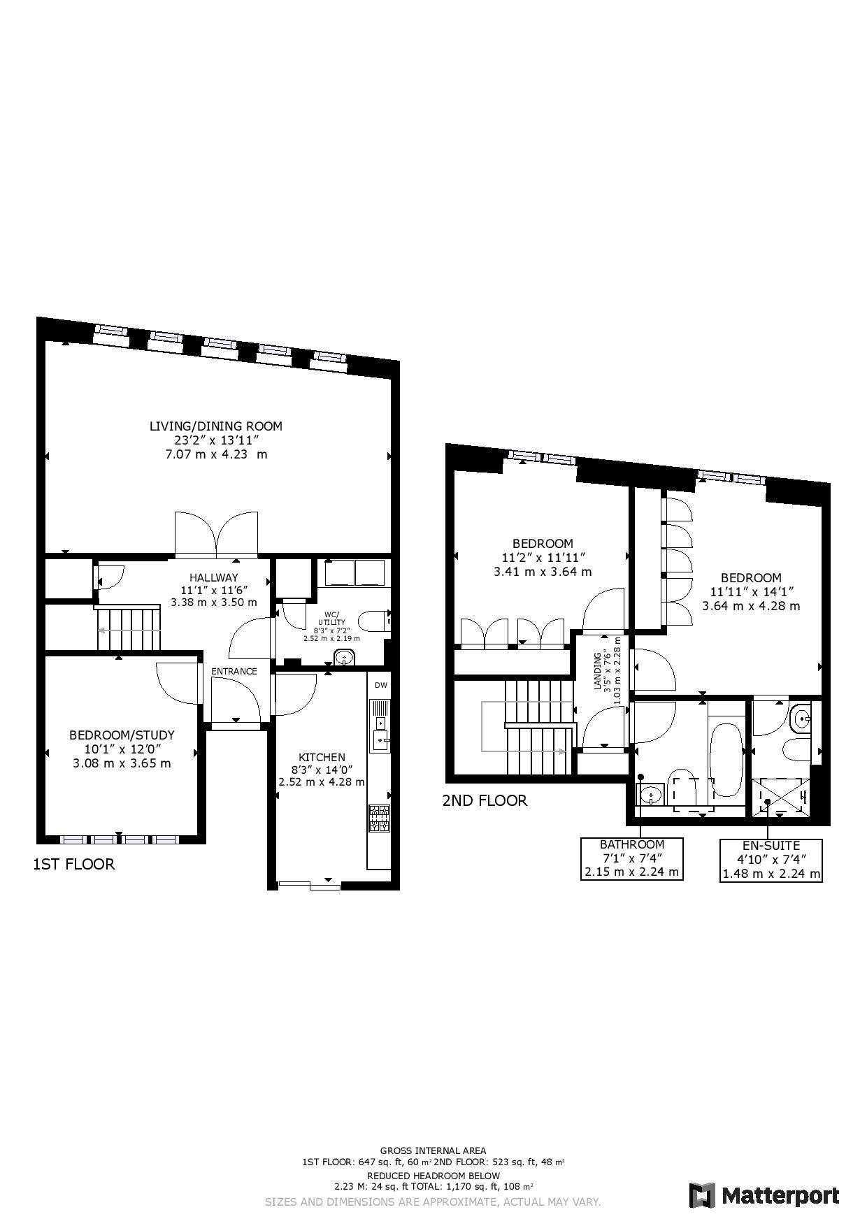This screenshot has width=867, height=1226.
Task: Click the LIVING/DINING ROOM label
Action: click(x=216, y=426)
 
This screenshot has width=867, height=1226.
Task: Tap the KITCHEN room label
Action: click(x=322, y=757)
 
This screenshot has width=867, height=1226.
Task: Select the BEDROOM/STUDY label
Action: click(x=122, y=735)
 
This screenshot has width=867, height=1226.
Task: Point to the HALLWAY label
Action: click(x=213, y=577)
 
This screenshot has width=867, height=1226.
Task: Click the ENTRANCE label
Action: click(x=234, y=671)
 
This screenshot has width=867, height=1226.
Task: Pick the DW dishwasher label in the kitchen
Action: click(x=380, y=685)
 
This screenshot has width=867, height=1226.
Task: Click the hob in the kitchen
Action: click(x=379, y=818)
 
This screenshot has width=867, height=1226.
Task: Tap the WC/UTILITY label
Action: click(x=331, y=619)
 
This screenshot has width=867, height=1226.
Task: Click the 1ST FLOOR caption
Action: click(x=73, y=864)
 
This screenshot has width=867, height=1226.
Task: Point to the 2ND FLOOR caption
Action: click(x=485, y=800)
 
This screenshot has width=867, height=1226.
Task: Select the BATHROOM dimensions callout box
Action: click(x=631, y=858)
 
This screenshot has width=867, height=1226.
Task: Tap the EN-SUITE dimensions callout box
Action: click(x=771, y=859)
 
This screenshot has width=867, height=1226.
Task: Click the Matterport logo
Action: click(x=764, y=1195)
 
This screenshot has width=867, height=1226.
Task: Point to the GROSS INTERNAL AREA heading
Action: click(x=433, y=1151)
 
